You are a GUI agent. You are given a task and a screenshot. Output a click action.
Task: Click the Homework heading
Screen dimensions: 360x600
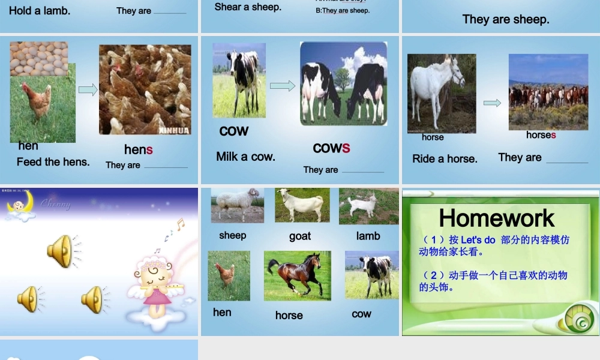pyautogui.click(x=497, y=218)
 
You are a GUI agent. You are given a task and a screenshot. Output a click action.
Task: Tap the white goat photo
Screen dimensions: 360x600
pyautogui.click(x=302, y=205)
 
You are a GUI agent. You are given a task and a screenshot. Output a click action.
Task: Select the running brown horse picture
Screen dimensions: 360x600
pyautogui.click(x=297, y=275)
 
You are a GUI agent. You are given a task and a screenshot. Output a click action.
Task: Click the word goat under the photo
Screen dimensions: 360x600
pyautogui.click(x=300, y=236)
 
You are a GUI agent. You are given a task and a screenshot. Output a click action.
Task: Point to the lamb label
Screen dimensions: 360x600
pyautogui.click(x=368, y=236)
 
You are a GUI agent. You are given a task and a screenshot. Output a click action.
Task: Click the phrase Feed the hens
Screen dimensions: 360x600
pyautogui.click(x=53, y=162)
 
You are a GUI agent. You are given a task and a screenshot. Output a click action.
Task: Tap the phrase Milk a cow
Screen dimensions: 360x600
pyautogui.click(x=246, y=157)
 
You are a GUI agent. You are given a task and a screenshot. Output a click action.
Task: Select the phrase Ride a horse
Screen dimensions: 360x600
pyautogui.click(x=445, y=159)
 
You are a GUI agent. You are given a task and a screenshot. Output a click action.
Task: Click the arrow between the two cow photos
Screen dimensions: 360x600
pyautogui.click(x=283, y=86)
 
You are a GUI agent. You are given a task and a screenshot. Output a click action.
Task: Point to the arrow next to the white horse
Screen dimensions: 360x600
pyautogui.click(x=492, y=103)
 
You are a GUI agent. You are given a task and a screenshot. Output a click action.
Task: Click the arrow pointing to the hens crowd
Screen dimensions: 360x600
pyautogui.click(x=88, y=90)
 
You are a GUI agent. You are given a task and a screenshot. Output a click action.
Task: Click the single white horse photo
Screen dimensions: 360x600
pyautogui.click(x=441, y=93)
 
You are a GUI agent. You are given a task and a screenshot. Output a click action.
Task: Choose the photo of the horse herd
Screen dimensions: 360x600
pyautogui.click(x=548, y=92)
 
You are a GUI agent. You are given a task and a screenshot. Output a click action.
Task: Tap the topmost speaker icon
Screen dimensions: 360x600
pyautogui.click(x=60, y=251)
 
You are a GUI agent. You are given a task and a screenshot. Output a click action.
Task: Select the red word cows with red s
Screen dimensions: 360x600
pyautogui.click(x=331, y=148)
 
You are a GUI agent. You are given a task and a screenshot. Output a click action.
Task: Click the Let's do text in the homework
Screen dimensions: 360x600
pyautogui.click(x=478, y=240)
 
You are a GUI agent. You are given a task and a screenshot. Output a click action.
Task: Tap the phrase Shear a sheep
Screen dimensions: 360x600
pyautogui.click(x=248, y=7)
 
